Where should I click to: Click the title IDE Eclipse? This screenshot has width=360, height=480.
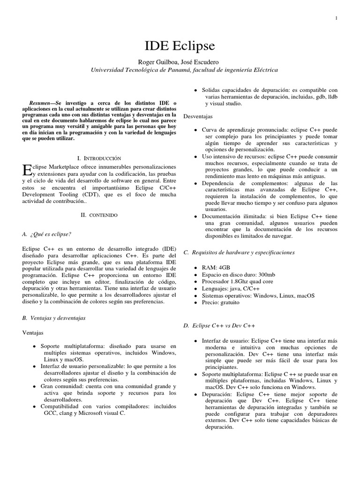point(180,45)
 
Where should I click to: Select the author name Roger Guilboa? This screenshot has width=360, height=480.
point(155,62)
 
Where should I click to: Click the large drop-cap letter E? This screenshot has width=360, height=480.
point(26,172)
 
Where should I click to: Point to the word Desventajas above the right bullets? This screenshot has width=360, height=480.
point(198,115)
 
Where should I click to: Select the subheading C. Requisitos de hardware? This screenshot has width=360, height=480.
point(239,252)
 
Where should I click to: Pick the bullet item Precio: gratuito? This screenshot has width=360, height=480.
point(220,302)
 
